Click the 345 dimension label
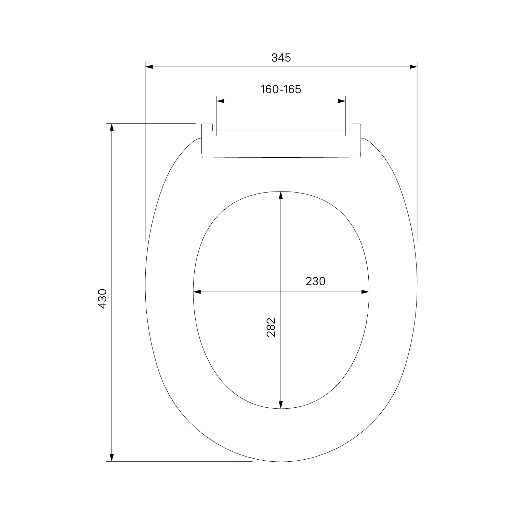[x=281, y=58]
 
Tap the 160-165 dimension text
[x=281, y=89]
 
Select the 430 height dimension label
[x=103, y=299]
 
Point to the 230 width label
[x=315, y=281]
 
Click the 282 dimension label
[x=271, y=328]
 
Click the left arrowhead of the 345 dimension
[x=149, y=67]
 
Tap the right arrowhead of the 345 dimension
[x=413, y=67]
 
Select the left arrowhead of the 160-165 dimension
[x=221, y=101]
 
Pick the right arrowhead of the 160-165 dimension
[x=342, y=101]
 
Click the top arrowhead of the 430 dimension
[x=111, y=127]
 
